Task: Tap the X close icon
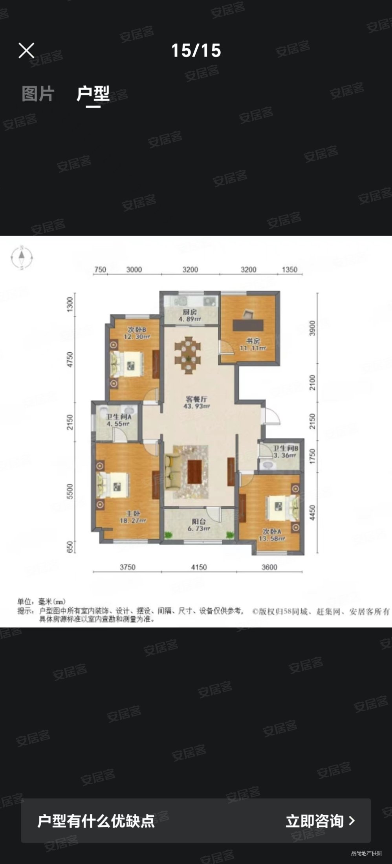click(x=26, y=51)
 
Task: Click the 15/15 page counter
click(x=196, y=51)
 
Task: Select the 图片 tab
click(x=38, y=94)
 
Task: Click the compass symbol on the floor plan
click(x=22, y=258)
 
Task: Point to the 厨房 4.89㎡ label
click(x=190, y=316)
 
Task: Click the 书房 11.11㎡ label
click(x=253, y=344)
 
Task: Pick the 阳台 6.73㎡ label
click(x=199, y=525)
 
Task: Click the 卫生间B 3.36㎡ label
click(x=286, y=452)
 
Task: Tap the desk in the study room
click(x=248, y=325)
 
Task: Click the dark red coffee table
click(x=195, y=471)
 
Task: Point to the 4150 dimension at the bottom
click(x=199, y=567)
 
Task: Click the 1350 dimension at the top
click(x=290, y=270)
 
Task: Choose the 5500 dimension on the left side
click(x=70, y=491)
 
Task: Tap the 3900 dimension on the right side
click(x=312, y=328)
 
